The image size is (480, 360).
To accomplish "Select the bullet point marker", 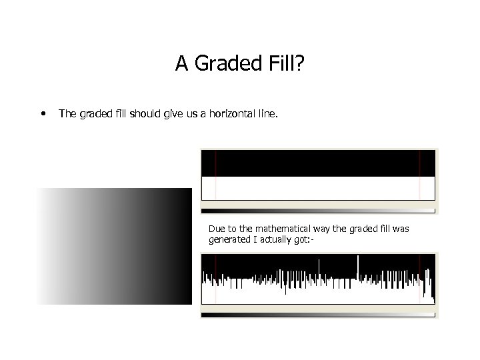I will pos(43,114).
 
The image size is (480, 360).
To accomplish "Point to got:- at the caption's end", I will pos(306,240).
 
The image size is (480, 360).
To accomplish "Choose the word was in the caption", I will pos(400,229).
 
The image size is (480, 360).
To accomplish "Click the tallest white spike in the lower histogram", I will pos(358,267).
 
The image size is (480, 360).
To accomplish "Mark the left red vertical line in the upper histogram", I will pos(215,175).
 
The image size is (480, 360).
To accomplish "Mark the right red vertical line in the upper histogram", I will pos(420,175).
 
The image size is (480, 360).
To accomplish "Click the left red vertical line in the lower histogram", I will pos(215,280).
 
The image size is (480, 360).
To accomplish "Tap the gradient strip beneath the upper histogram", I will pos(319,210).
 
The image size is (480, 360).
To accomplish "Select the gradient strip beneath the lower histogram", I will pos(319,314).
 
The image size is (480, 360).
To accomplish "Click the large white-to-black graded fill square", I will pos(114,246).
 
